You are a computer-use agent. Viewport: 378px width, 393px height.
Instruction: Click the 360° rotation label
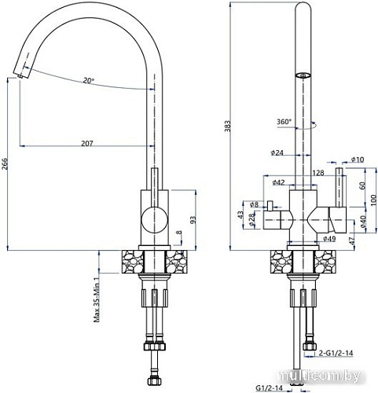[x=284, y=122]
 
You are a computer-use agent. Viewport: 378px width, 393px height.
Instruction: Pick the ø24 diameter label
[x=277, y=152]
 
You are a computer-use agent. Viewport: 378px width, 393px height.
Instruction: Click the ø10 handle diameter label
[x=358, y=160]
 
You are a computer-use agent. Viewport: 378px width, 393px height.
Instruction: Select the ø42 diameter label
[x=277, y=183]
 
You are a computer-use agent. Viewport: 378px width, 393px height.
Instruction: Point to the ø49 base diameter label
[x=329, y=239]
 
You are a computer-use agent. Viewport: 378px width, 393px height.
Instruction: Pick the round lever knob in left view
[x=150, y=219]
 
